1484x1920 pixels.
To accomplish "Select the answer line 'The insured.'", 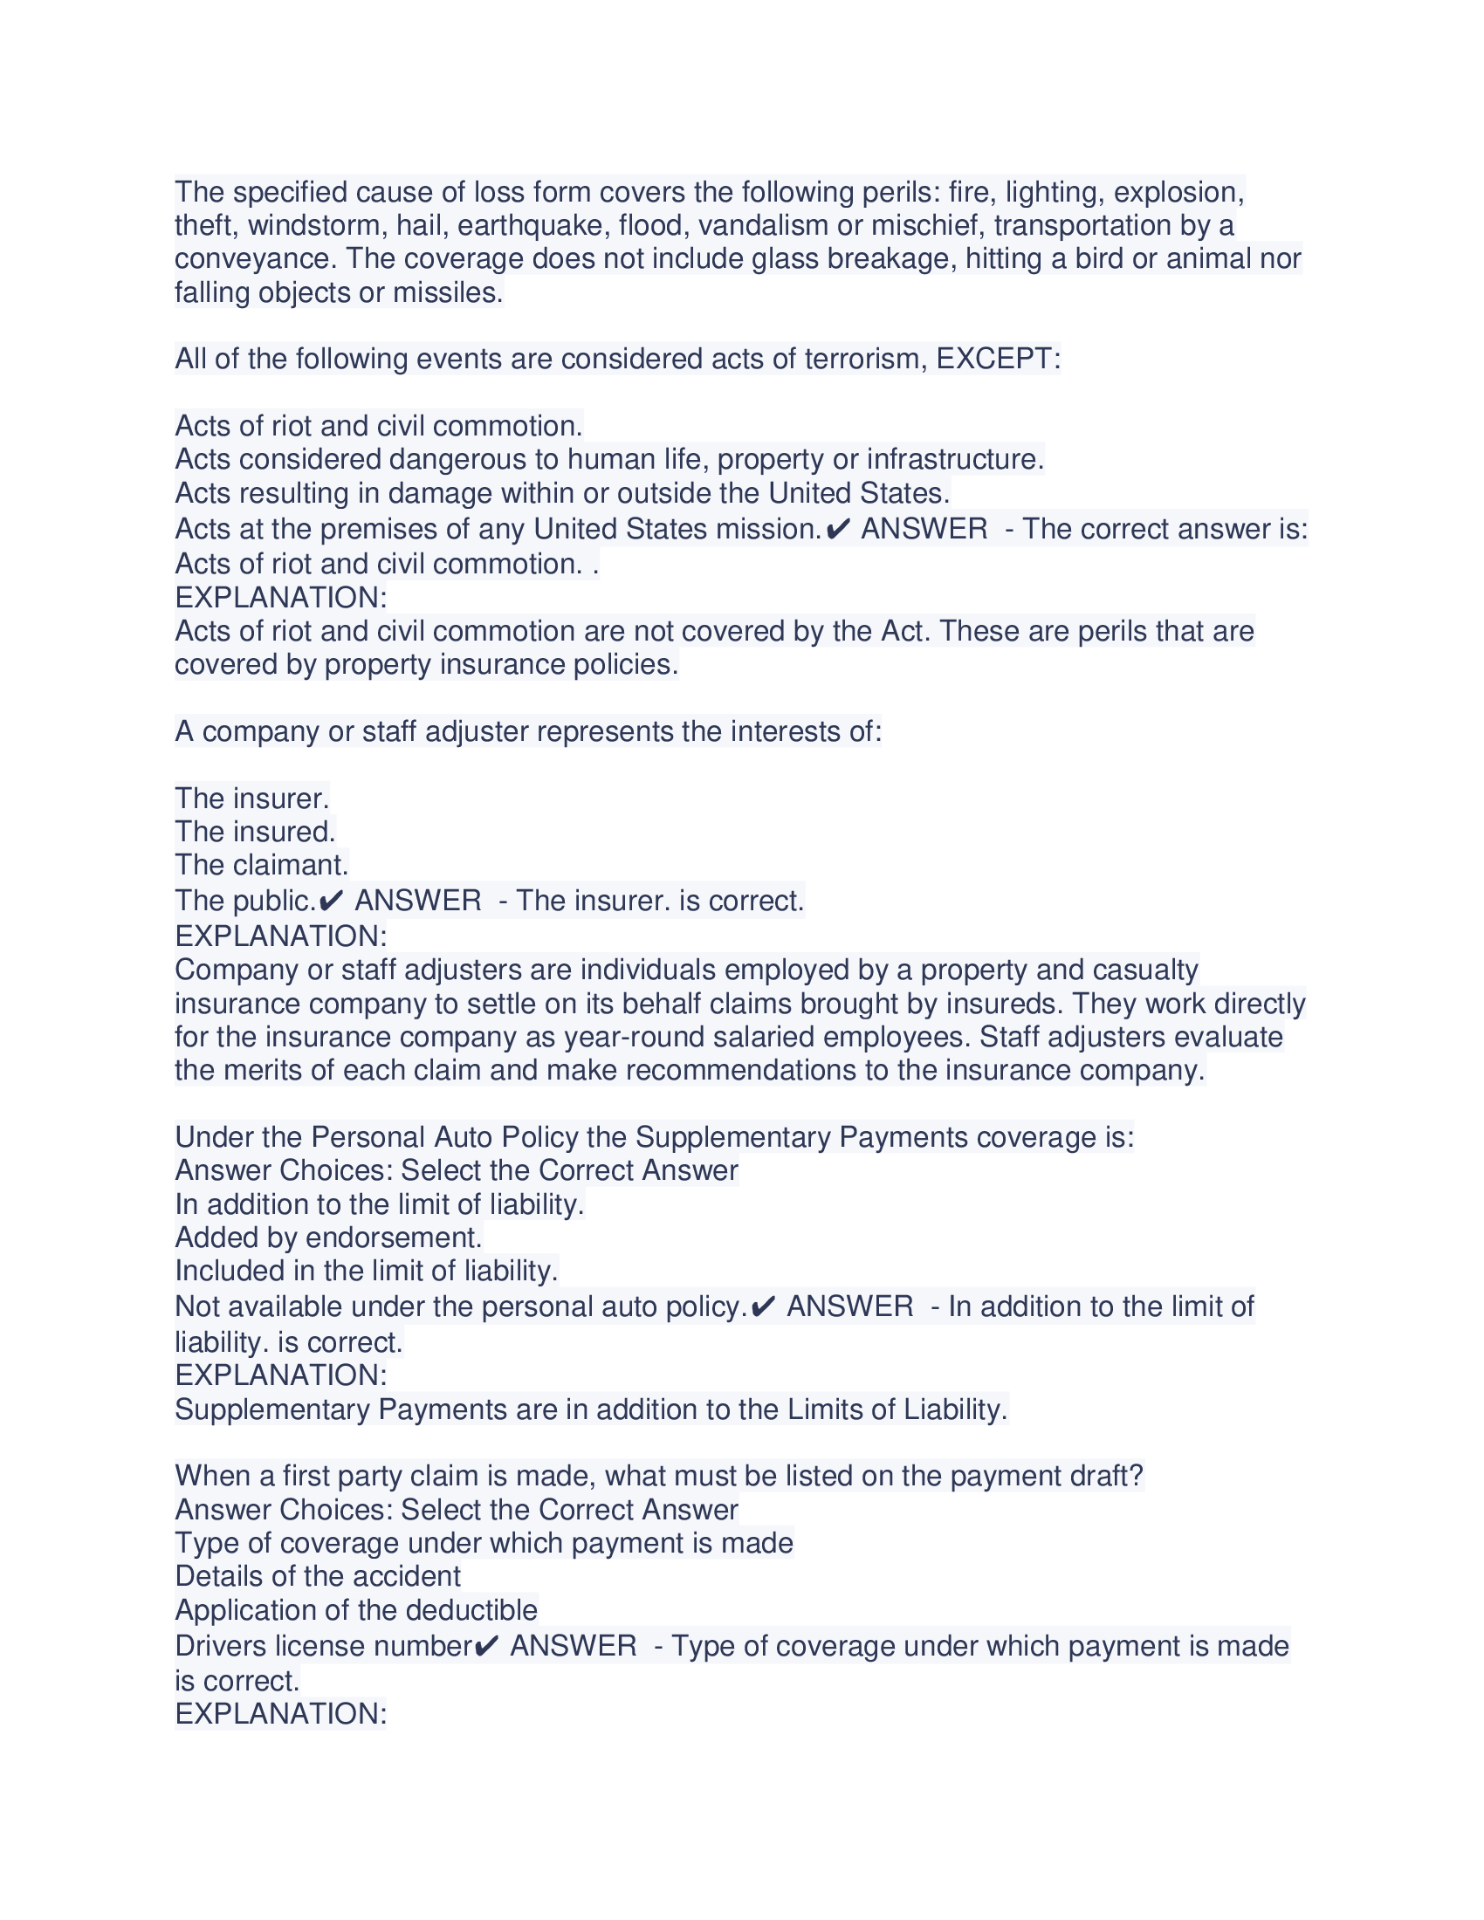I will (255, 832).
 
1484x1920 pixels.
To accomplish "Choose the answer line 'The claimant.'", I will (262, 865).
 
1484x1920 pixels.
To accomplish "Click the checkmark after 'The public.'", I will (332, 902).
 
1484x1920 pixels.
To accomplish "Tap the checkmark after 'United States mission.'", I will (839, 529).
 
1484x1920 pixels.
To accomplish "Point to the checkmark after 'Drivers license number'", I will (487, 1646).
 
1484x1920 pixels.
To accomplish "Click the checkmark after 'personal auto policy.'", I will (764, 1307).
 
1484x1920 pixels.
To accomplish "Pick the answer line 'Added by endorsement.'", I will (328, 1238).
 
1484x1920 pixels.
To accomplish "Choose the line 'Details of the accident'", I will (318, 1576).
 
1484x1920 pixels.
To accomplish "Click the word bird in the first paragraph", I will (1099, 259).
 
